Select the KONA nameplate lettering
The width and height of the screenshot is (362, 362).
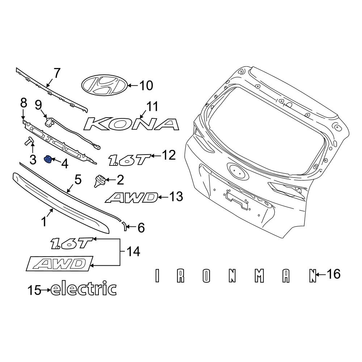[x=131, y=124]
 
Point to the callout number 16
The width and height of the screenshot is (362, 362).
[x=333, y=275]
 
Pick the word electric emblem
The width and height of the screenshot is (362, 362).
[x=84, y=289]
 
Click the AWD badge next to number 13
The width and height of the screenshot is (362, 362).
[x=132, y=198]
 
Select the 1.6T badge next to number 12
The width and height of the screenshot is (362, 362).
[x=129, y=159]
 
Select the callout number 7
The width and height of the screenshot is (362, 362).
[x=57, y=73]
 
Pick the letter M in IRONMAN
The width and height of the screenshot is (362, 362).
[x=258, y=276]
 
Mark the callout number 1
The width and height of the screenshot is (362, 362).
[x=44, y=221]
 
